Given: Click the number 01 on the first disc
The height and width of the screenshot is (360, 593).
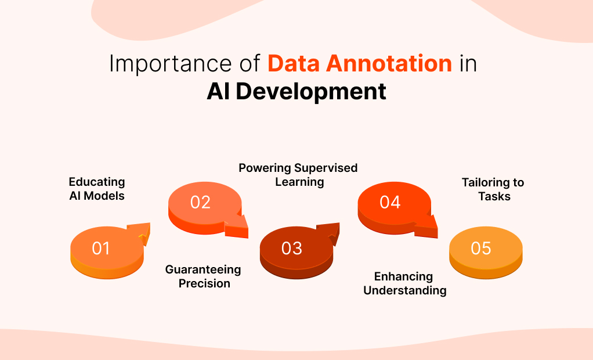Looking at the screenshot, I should point(101,249).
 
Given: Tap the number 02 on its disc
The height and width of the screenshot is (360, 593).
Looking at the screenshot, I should point(200,202).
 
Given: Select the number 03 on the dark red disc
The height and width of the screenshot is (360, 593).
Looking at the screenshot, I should point(292,249).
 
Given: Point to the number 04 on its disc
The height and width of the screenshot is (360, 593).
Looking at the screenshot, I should point(390,202).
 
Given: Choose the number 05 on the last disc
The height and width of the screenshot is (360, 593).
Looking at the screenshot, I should point(481,249).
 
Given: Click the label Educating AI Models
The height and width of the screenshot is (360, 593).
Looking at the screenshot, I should point(97,189).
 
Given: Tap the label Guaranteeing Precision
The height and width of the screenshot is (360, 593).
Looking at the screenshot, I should point(203,276).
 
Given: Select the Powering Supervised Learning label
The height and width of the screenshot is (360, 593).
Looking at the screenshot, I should point(298,175).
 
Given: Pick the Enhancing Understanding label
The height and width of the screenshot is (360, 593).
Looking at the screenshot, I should point(404,283).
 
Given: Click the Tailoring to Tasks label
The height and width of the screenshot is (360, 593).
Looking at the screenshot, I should point(493,189).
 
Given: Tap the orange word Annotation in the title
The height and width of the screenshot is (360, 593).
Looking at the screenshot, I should point(389,63).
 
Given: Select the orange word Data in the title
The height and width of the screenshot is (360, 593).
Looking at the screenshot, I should point(294,63).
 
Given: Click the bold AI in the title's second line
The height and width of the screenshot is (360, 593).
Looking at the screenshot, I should point(219,92).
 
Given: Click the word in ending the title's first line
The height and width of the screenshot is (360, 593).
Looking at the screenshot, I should point(468,63).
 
